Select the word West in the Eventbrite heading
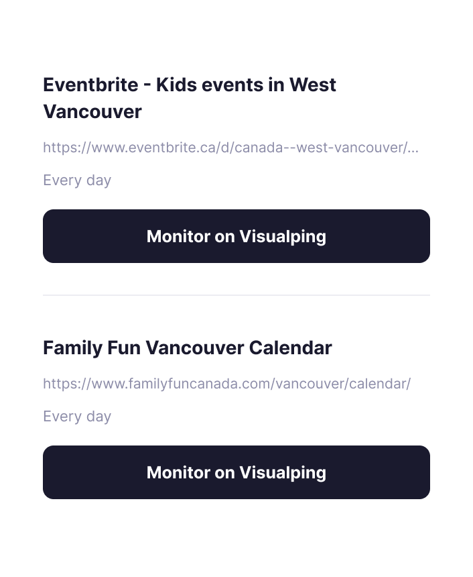click(x=313, y=85)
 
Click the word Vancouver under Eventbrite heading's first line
click(x=92, y=112)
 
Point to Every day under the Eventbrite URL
click(x=77, y=180)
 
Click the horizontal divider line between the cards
click(x=236, y=295)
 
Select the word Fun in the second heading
click(x=123, y=348)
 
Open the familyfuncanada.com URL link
click(x=226, y=384)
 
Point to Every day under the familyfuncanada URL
click(x=77, y=417)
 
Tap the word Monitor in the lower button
click(x=178, y=472)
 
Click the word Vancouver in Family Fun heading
click(x=194, y=348)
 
